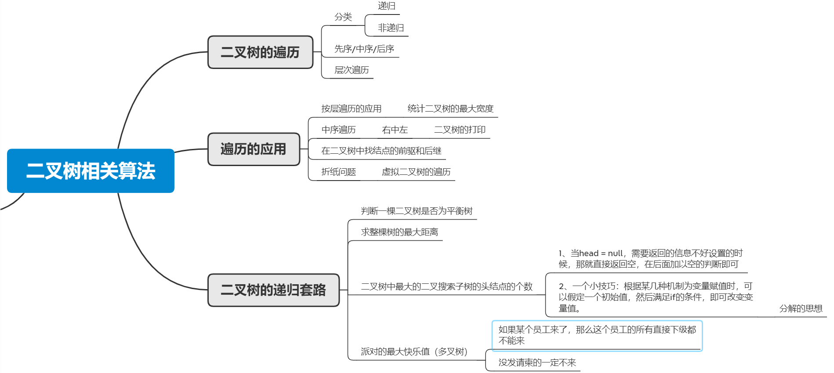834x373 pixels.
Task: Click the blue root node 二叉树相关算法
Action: click(x=91, y=171)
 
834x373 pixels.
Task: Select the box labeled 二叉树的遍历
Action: click(x=260, y=52)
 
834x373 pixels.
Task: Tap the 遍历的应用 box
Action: click(x=254, y=149)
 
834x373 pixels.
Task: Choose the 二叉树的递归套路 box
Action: click(x=273, y=290)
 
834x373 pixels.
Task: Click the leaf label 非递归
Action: click(x=391, y=28)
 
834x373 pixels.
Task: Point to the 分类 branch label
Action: click(x=343, y=17)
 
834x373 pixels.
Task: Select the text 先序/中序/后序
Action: click(x=364, y=49)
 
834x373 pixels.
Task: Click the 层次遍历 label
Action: click(x=352, y=70)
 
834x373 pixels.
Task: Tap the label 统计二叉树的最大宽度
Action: click(x=450, y=109)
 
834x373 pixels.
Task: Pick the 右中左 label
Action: click(x=395, y=130)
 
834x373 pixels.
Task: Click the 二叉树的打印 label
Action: click(x=460, y=130)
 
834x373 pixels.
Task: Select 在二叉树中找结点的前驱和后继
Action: click(x=381, y=151)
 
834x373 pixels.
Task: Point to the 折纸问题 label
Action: click(x=338, y=172)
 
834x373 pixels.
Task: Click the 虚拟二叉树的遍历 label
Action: click(x=416, y=172)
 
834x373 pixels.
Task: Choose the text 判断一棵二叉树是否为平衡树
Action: click(x=417, y=211)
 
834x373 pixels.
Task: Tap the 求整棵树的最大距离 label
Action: click(x=399, y=232)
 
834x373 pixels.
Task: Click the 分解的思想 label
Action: click(x=801, y=308)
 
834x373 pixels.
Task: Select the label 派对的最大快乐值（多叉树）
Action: click(x=414, y=351)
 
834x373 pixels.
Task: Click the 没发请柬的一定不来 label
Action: click(x=537, y=362)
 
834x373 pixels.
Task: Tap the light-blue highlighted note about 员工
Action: click(x=597, y=336)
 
